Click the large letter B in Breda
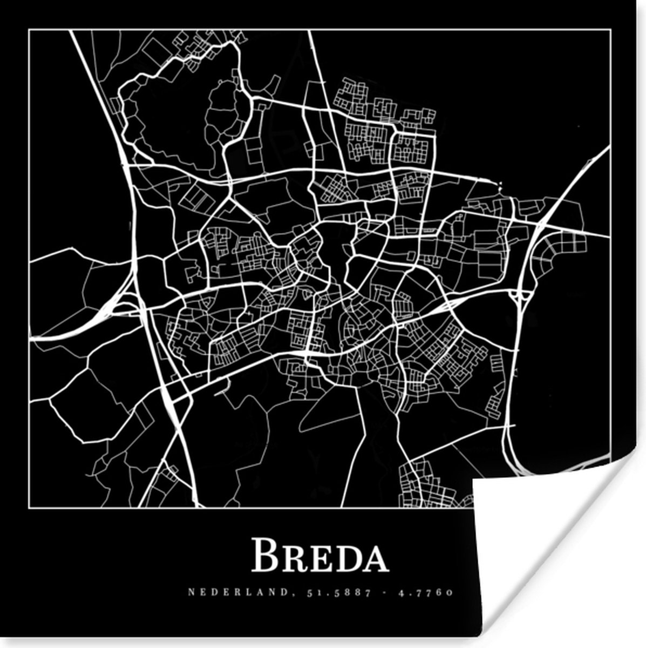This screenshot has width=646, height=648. tap(266, 555)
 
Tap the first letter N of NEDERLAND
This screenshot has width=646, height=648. tap(191, 592)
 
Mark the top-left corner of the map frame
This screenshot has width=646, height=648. tap(29, 30)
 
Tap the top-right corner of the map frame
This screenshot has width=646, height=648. tap(610, 30)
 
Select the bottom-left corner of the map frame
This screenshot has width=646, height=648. tap(29, 508)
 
